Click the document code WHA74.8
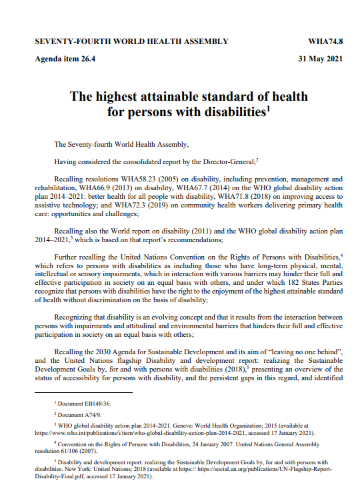325,41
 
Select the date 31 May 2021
322,59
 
